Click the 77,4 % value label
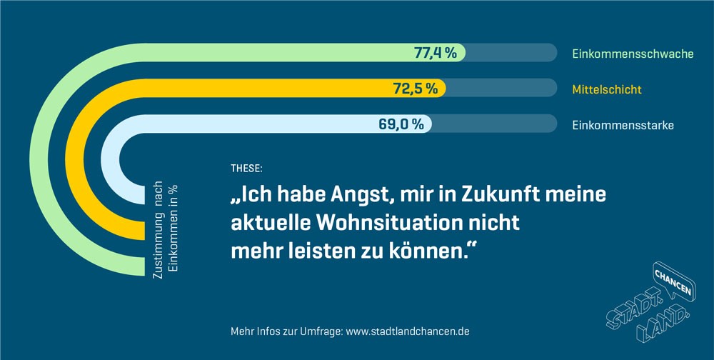[436, 53]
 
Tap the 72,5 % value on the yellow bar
[416, 89]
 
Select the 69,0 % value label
[401, 124]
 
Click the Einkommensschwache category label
[633, 54]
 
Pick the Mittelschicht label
[607, 89]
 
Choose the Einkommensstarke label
[623, 125]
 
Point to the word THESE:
[246, 169]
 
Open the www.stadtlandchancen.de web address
[408, 332]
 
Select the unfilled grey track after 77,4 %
[511, 53]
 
